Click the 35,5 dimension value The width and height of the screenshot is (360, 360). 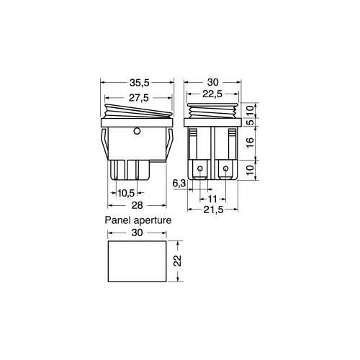click(x=140, y=83)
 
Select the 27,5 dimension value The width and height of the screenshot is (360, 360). click(x=139, y=98)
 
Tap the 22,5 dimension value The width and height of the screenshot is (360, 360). click(x=212, y=94)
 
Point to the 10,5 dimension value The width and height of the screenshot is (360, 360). click(x=126, y=193)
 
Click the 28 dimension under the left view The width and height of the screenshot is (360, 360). click(x=137, y=205)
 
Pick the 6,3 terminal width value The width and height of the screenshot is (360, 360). click(x=179, y=184)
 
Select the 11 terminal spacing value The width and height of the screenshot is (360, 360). click(x=212, y=199)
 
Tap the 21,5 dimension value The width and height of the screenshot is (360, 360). click(x=213, y=210)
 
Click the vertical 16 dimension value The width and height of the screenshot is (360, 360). click(x=250, y=143)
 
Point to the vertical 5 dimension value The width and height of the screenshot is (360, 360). click(x=250, y=122)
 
